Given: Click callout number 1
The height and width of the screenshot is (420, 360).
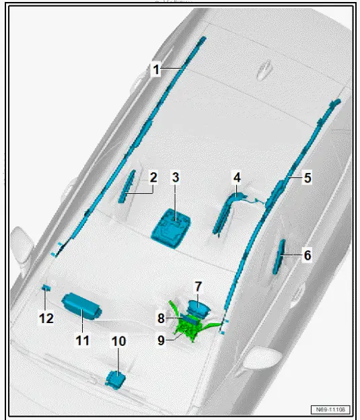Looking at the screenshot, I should point(155,69).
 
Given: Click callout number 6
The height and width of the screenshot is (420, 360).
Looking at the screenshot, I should point(307,255).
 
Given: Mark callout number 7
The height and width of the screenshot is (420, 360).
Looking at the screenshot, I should point(199,287).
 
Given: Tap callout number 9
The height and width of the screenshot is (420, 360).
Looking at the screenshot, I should point(161,341).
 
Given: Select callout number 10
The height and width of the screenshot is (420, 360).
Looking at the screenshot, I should point(118,341).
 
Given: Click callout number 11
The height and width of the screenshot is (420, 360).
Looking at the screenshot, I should point(82,341).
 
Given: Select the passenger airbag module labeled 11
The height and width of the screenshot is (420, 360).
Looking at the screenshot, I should point(80,306).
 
